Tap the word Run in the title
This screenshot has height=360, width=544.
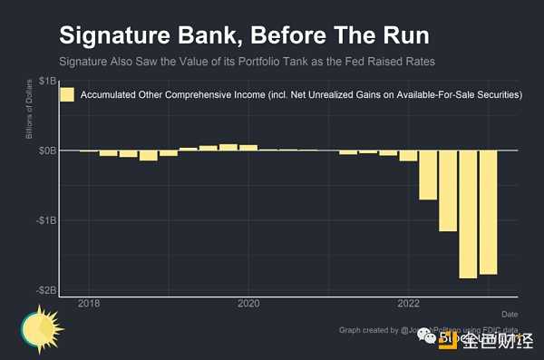[x=403, y=37]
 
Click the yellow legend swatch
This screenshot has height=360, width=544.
[x=66, y=94]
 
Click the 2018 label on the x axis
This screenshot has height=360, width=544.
[x=89, y=303]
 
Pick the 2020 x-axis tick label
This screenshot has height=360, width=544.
[x=248, y=303]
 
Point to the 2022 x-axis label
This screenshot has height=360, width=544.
[x=408, y=303]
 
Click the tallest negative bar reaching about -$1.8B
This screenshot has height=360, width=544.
[x=468, y=214]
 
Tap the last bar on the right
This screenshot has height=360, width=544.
[x=488, y=212]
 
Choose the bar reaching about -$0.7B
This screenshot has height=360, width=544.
[x=428, y=175]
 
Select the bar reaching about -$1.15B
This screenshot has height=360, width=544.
[x=448, y=190]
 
